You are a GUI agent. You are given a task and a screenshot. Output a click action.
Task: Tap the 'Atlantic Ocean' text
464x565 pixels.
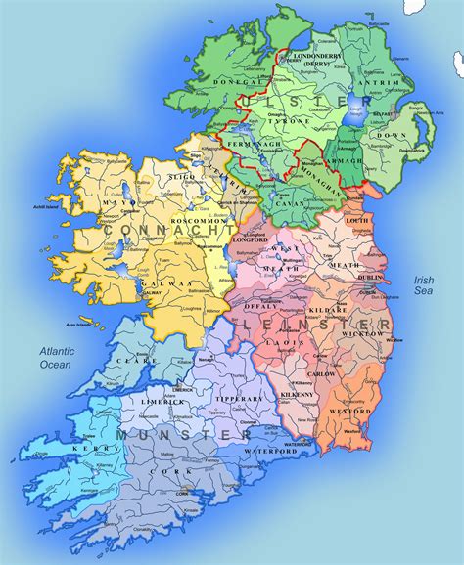pyautogui.click(x=55, y=357)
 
